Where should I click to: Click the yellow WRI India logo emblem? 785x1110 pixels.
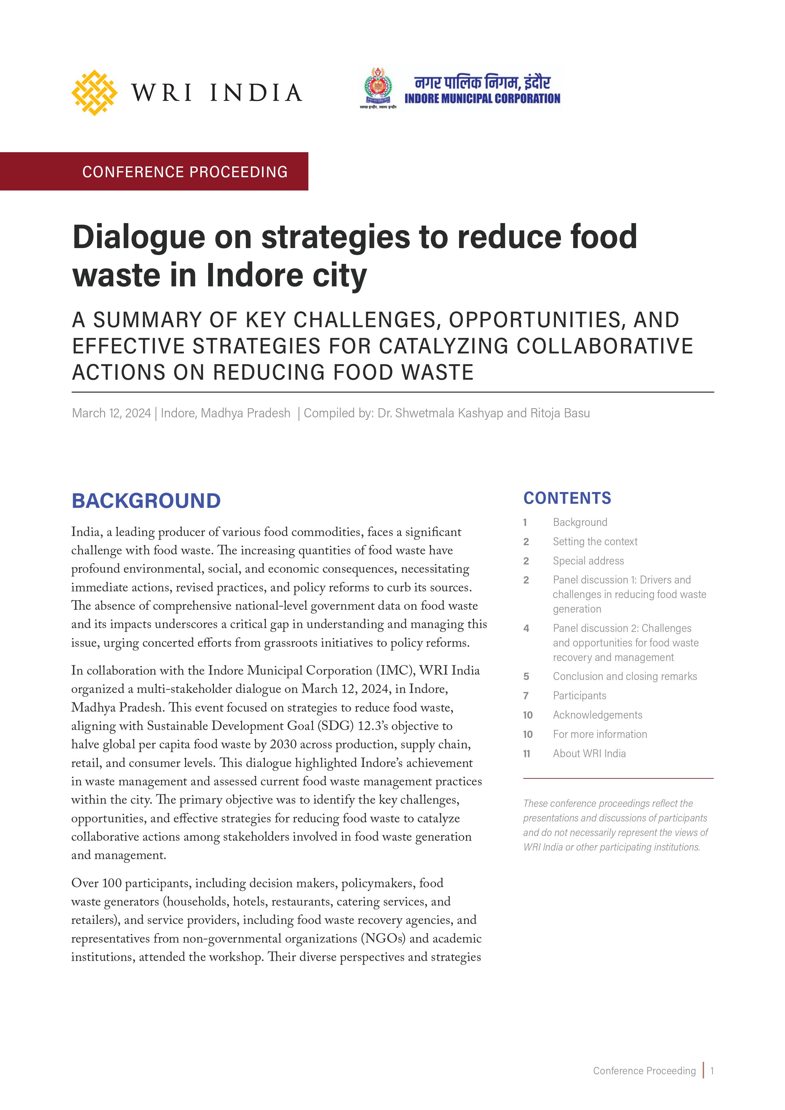pos(94,92)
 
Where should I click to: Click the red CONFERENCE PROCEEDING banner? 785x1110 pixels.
pos(185,171)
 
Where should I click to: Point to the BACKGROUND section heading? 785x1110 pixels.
pos(146,501)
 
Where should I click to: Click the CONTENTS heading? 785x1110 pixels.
pos(567,498)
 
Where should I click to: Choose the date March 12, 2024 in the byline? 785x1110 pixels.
pos(111,413)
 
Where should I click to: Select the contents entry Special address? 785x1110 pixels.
pos(588,561)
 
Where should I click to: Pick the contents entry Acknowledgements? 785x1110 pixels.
pos(597,715)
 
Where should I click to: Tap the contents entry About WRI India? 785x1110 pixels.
pos(589,754)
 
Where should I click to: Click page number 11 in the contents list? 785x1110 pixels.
pos(527,754)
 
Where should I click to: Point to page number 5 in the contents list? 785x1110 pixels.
pos(526,676)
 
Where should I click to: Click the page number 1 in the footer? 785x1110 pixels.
pos(712,1071)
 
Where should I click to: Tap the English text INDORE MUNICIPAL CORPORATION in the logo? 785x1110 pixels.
pos(482,99)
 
